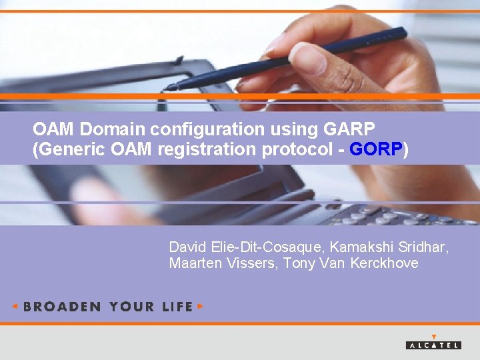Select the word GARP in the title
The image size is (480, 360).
pos(351,127)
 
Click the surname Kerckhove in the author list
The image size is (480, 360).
pos(385,263)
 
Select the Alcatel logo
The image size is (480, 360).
pos(433,343)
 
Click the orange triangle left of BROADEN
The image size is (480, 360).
pos(15,307)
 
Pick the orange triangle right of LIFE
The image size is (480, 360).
pos(201,307)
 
